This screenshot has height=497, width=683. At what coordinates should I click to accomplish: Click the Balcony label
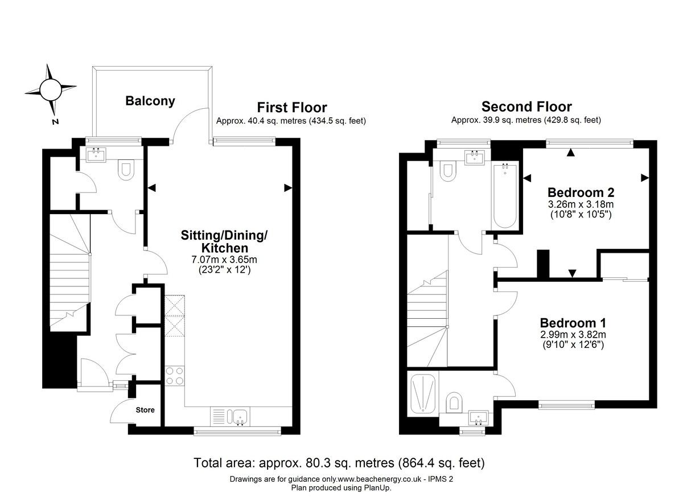(x=150, y=101)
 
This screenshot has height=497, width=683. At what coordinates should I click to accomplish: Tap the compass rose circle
(x=51, y=89)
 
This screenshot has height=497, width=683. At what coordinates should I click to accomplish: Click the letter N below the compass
(x=55, y=122)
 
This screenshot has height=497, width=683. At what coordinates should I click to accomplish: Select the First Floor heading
(x=292, y=108)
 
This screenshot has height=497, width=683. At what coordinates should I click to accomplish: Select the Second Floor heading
(x=526, y=106)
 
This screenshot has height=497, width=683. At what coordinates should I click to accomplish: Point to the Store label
(x=145, y=410)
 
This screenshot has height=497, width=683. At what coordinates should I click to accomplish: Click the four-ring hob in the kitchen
(x=175, y=376)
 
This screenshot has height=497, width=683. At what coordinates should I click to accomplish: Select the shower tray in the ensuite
(x=422, y=393)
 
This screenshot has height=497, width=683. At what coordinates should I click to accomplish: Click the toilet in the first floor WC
(x=126, y=170)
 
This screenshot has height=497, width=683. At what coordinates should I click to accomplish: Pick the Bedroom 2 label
(x=581, y=192)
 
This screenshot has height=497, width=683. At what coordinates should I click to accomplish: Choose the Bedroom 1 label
(x=573, y=323)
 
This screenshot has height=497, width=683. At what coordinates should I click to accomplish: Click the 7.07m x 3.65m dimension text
(x=224, y=260)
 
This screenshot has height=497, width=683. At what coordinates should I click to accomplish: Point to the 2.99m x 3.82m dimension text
(x=573, y=335)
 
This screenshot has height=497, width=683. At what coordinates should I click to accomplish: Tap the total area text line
(x=339, y=463)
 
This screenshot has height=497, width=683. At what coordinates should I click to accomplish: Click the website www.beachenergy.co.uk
(x=380, y=479)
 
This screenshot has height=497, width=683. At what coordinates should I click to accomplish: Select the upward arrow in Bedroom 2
(x=570, y=153)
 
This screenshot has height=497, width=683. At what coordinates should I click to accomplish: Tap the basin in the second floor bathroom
(x=475, y=157)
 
